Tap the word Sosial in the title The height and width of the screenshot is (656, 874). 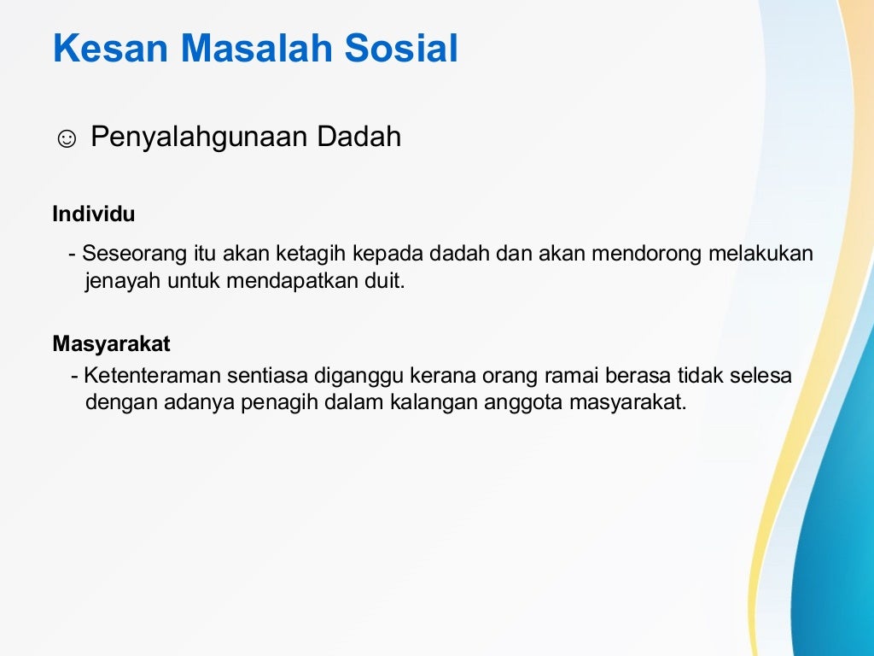click(x=401, y=49)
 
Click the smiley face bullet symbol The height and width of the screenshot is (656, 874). click(x=67, y=138)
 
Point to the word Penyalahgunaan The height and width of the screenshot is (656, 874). click(x=200, y=137)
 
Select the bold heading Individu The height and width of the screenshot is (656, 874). click(x=94, y=214)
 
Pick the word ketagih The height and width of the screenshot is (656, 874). click(x=312, y=255)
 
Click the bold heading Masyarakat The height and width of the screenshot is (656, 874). click(x=111, y=344)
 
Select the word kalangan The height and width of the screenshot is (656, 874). click(x=434, y=402)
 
